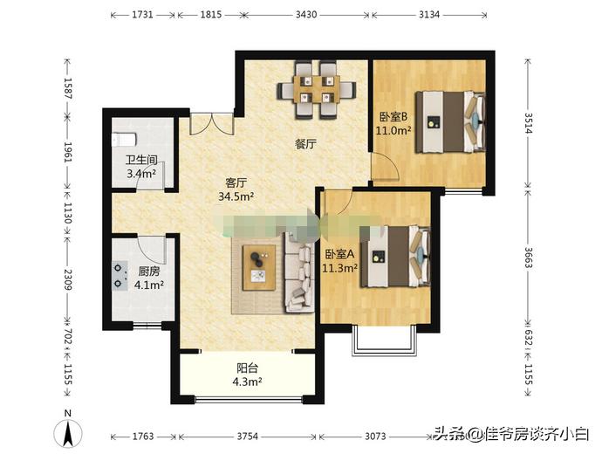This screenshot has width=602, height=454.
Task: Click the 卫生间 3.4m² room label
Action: (x=140, y=167)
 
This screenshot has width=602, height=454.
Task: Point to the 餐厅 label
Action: (x=304, y=145)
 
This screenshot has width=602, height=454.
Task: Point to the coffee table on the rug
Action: (x=259, y=267)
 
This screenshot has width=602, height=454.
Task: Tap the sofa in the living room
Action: (x=299, y=272)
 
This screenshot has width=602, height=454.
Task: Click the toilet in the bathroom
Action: (x=122, y=139)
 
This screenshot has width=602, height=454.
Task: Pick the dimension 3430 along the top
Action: (x=305, y=16)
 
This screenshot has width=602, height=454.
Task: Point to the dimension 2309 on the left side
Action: (x=68, y=279)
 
